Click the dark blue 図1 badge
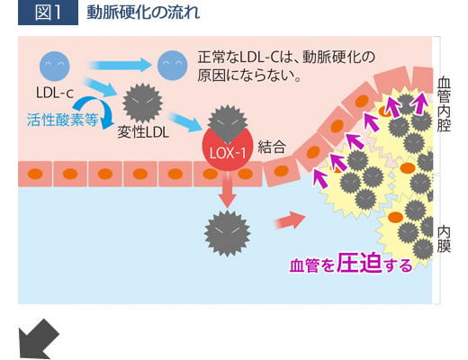click(48, 13)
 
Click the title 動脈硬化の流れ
click(143, 13)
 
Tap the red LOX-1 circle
click(228, 149)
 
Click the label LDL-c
click(55, 93)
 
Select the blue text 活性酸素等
click(62, 120)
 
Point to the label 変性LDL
click(143, 132)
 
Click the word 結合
click(272, 147)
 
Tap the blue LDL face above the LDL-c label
click(55, 67)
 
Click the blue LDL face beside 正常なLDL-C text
click(173, 66)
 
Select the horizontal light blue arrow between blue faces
click(120, 65)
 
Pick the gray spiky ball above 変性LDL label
click(143, 103)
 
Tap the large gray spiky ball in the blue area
click(227, 233)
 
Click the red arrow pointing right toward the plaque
click(290, 220)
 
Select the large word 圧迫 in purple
click(359, 263)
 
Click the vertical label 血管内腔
click(444, 104)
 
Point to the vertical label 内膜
click(444, 239)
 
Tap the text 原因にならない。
click(249, 75)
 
